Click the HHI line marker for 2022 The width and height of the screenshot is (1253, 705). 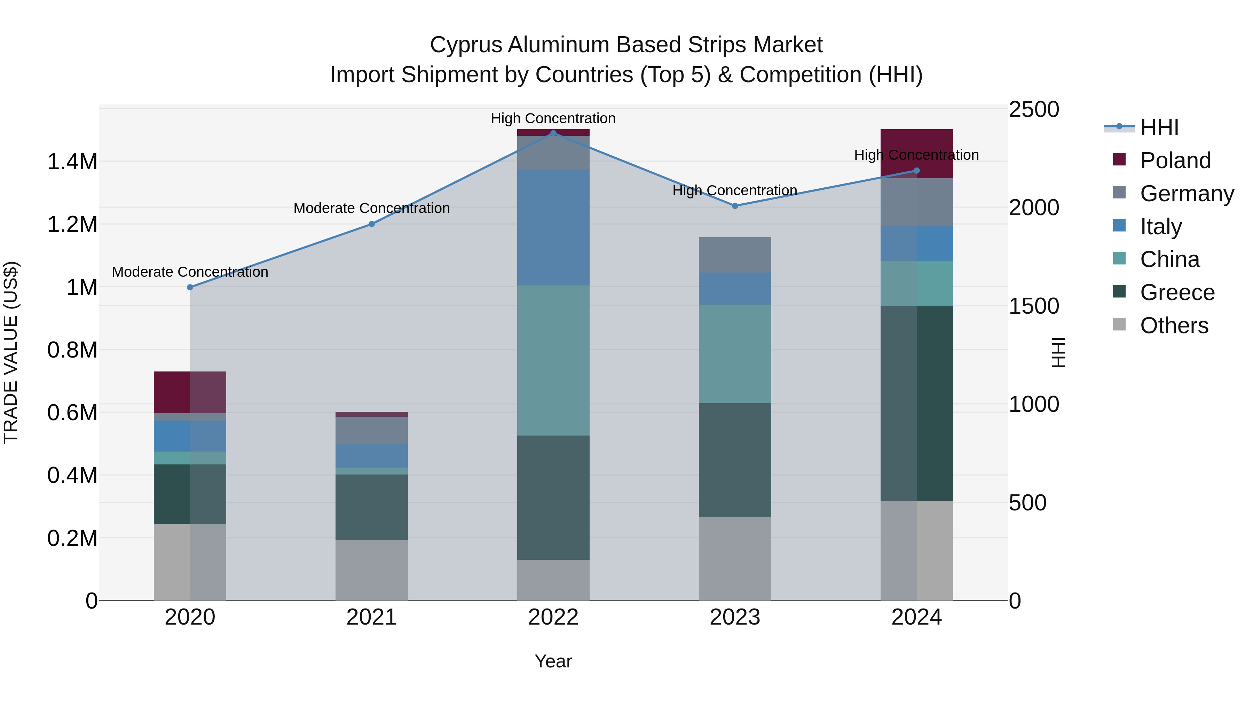pos(553,133)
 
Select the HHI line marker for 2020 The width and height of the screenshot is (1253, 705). pos(190,288)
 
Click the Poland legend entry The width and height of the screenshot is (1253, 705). pos(1175,160)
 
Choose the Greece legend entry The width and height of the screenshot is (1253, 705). pos(1177,292)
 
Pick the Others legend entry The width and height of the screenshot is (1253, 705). pos(1173,326)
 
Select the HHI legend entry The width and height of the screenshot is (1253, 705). pos(1159,127)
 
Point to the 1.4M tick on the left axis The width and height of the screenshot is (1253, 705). pos(72,162)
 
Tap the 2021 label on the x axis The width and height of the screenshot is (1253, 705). pos(372,617)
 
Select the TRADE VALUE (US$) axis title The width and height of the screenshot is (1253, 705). pos(11,353)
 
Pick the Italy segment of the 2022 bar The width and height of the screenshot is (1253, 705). pos(553,228)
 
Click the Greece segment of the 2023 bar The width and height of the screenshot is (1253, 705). pos(735,460)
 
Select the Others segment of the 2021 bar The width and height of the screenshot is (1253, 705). pos(372,570)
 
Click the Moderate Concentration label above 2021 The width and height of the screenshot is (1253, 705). pos(372,208)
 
